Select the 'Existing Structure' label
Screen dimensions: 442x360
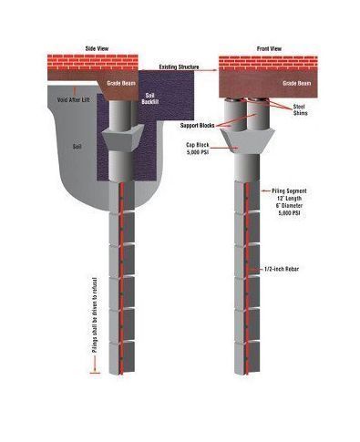[182, 67]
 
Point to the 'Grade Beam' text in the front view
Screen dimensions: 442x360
[295, 82]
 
